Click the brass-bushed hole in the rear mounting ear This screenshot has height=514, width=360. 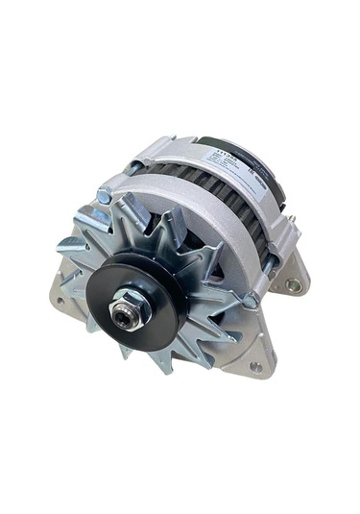point(292,284)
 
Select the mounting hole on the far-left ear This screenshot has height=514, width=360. point(59,300)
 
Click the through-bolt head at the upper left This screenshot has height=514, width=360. point(105,197)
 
